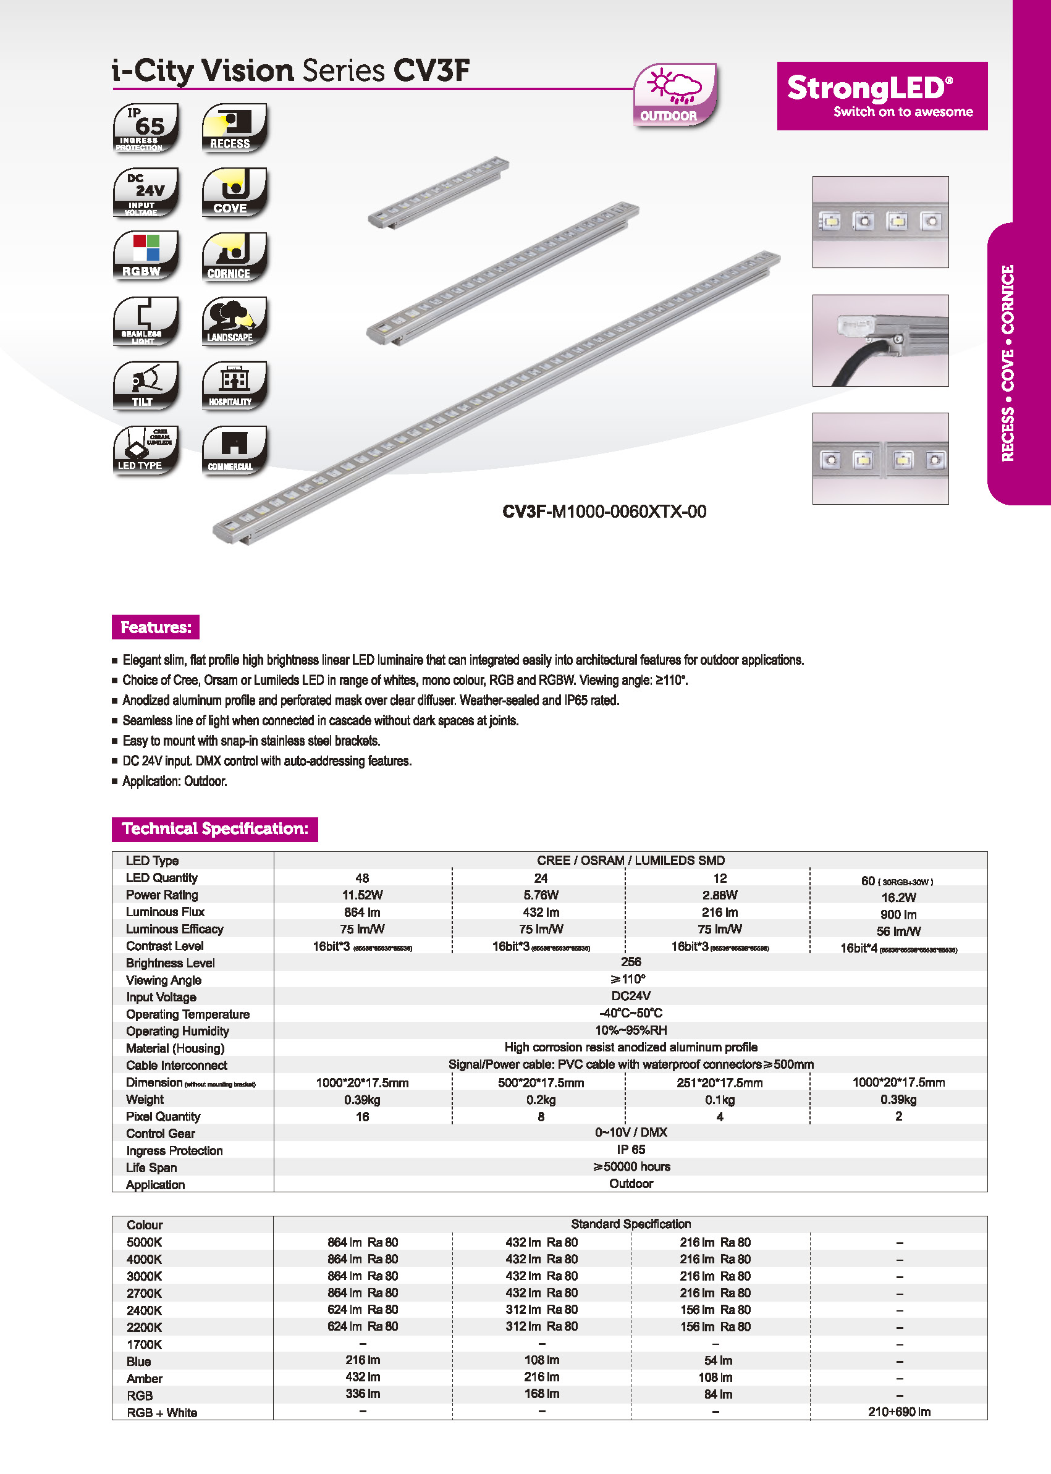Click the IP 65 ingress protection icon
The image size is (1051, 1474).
coord(146,127)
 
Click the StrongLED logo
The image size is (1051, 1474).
coord(882,96)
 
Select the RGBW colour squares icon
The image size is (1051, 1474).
coord(146,256)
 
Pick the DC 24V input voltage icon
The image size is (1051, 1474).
coord(146,192)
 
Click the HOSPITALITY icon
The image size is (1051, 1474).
coord(234,385)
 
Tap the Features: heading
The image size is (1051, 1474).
coord(155,627)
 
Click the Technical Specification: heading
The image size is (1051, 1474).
coord(214,829)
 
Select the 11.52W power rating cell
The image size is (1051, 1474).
coord(362,895)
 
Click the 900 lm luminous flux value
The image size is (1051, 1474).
coord(898,914)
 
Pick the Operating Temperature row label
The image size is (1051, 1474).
coord(188,1014)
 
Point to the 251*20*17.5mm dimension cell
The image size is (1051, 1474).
coord(719,1082)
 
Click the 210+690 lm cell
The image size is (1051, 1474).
coord(899,1411)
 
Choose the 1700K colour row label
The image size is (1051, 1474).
coord(145,1344)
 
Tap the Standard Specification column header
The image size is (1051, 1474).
coord(630,1224)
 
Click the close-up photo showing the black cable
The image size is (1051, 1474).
coord(880,340)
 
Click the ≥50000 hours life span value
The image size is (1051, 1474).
coord(631,1166)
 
